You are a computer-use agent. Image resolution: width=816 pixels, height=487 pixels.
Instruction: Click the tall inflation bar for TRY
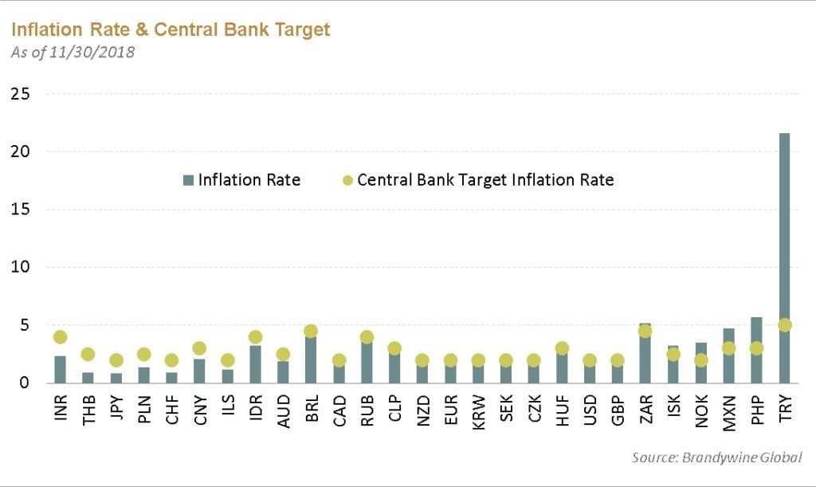[784, 239]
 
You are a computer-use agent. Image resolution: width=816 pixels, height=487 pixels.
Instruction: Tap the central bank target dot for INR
[60, 337]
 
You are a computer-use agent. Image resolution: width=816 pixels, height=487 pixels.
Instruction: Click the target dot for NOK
[700, 360]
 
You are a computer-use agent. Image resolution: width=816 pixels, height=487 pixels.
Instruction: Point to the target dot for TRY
[784, 325]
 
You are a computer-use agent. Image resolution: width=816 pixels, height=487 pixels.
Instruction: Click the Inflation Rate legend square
[188, 180]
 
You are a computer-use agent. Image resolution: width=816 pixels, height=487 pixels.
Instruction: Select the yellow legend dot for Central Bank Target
[346, 180]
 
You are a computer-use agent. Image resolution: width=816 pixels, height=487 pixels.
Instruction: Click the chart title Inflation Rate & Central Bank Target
[170, 30]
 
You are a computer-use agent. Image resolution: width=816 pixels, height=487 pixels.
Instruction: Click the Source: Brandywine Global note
[716, 457]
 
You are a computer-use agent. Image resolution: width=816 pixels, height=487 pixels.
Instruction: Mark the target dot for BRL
[311, 331]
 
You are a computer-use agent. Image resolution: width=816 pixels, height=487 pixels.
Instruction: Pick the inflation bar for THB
[88, 377]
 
